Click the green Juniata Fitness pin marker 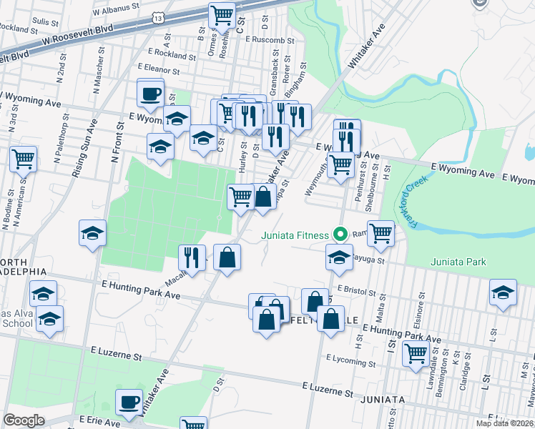[x=341, y=234]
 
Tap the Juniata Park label [x=458, y=262]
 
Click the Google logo [x=24, y=420]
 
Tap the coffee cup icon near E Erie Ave [x=129, y=401]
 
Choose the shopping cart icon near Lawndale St [x=416, y=352]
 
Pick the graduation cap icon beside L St [x=503, y=292]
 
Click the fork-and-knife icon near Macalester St [x=192, y=257]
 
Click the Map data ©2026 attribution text [x=505, y=423]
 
